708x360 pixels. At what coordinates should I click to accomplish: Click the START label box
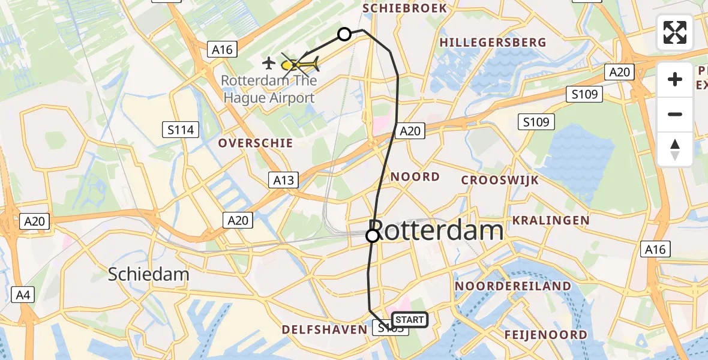pos(409,320)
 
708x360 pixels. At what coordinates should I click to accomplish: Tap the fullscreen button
pos(675,32)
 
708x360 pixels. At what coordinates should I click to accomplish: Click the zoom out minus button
pos(675,114)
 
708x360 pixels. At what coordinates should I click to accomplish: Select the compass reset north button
pos(675,149)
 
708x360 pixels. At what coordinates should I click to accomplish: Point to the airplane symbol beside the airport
pos(269,62)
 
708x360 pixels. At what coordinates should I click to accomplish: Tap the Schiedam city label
pos(149,275)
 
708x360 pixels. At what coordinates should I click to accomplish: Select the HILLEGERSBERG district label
pos(493,43)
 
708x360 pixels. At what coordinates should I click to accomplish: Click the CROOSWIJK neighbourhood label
pos(500,180)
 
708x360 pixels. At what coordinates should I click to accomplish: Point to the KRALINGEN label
pos(550,220)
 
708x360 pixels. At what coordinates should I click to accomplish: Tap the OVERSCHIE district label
pos(256,143)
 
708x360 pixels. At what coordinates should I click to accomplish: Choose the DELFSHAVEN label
pos(324,329)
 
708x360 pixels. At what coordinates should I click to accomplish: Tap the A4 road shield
pos(22,295)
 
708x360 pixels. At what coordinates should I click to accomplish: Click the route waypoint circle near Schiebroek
pos(344,34)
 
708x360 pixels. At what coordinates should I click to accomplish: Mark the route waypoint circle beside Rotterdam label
pos(373,236)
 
